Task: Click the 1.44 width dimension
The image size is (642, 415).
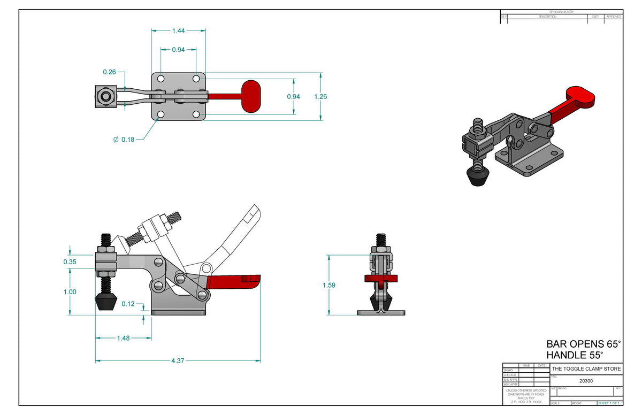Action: point(178,30)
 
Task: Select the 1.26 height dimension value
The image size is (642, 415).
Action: point(320,97)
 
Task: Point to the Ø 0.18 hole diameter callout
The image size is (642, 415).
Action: point(124,140)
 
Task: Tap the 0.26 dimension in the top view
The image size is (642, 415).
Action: point(110,72)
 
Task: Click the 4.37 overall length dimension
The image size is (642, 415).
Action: point(178,361)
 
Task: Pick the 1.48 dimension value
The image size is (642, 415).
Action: point(124,337)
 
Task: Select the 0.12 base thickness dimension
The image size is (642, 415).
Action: point(128,304)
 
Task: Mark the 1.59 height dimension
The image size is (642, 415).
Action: point(329,285)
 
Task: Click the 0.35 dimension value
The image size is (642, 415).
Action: point(70,262)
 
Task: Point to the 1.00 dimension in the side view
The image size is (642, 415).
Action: point(70,292)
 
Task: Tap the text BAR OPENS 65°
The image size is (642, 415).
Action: point(583,344)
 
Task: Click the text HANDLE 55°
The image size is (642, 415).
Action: point(574,355)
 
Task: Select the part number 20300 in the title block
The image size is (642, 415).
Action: point(586,381)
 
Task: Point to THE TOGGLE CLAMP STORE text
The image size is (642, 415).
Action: point(586,369)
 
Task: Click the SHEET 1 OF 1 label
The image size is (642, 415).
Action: point(608,403)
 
